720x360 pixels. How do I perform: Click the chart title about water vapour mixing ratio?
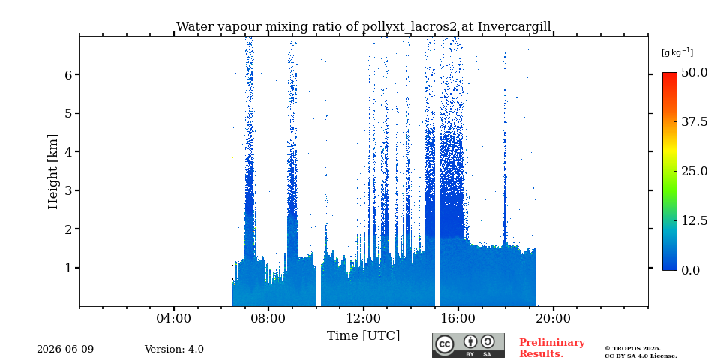pos(364,27)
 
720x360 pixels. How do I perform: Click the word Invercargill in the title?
pos(514,27)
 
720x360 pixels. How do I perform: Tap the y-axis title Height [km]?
pos(54,172)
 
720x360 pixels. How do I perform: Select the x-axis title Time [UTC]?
pos(363,336)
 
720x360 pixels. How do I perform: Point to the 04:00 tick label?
pos(174,318)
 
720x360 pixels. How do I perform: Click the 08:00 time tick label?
pos(268,318)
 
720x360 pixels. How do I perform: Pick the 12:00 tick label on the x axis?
pos(363,318)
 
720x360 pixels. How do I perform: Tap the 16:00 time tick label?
pos(457,318)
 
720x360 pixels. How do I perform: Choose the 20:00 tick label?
pos(553,318)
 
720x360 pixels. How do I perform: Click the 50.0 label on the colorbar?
pos(694,72)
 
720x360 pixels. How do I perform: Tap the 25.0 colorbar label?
pos(694,171)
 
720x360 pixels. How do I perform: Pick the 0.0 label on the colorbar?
pos(690,270)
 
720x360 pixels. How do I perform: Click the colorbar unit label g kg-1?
pos(677,52)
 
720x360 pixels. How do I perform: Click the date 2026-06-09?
pos(65,349)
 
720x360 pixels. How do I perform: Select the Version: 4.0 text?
pos(174,349)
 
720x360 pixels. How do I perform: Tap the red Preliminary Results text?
pos(552,348)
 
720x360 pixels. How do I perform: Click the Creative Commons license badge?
pos(468,345)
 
